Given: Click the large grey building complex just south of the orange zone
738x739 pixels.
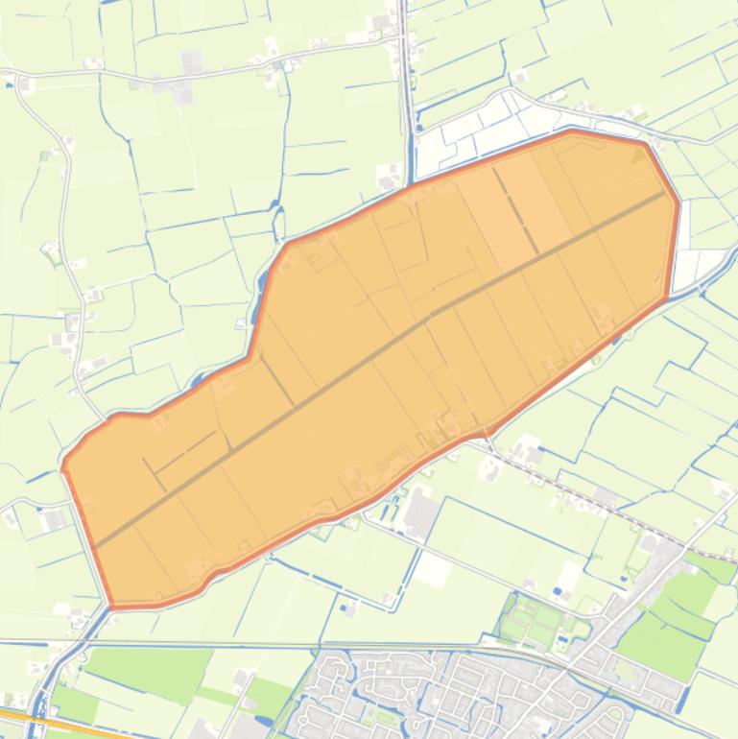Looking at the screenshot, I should [x=421, y=514].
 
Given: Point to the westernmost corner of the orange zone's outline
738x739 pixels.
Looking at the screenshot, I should [x=63, y=467].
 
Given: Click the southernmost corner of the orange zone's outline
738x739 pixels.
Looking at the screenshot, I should [x=113, y=607].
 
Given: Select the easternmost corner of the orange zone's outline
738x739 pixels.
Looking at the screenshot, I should [x=678, y=203].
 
